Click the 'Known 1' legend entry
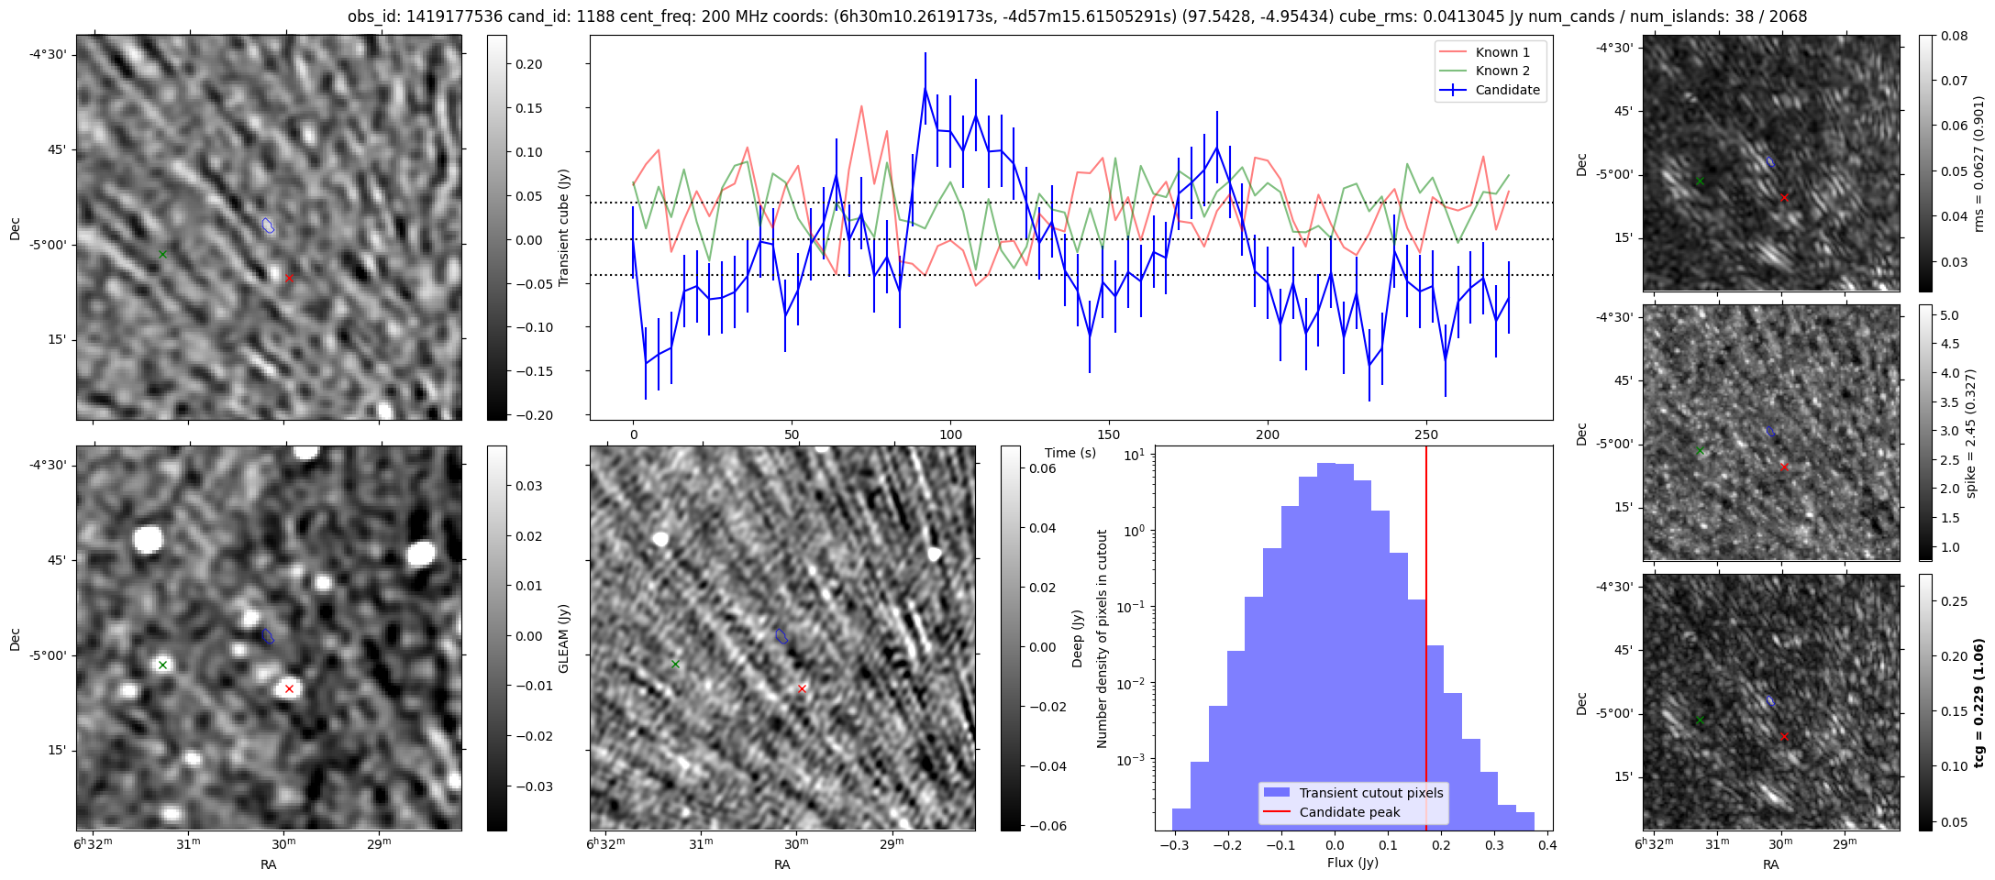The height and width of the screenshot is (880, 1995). pos(1502,52)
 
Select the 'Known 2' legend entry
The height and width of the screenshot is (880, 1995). pos(1502,71)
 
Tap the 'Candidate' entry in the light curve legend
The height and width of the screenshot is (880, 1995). pos(1507,90)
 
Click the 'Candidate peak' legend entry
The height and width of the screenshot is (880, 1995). pos(1349,812)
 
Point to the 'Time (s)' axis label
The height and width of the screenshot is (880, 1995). pos(1070,453)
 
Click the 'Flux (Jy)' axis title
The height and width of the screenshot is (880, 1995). pos(1352,863)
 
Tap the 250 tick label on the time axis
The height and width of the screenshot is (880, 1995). pos(1426,435)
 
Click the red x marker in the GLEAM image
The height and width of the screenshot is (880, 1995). pos(289,688)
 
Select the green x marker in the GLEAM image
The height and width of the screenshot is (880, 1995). pos(162,665)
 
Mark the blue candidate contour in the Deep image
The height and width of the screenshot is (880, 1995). pos(781,635)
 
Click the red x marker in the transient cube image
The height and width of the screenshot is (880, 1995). pos(289,278)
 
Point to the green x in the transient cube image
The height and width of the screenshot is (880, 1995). pos(162,254)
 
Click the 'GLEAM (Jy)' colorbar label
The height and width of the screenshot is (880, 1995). pos(563,639)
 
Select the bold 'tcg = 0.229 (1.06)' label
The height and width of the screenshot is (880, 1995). pos(1978,702)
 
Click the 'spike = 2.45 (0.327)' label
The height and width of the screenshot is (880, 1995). pos(1971,433)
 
